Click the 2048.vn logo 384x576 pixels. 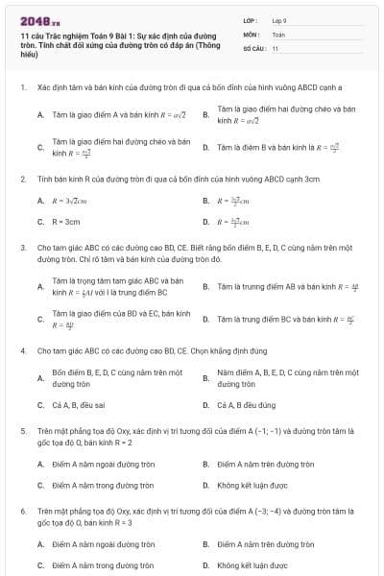tap(37, 18)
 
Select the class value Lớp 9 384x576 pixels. tap(279, 19)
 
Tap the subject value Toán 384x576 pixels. tap(278, 33)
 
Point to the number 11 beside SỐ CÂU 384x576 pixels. tap(276, 47)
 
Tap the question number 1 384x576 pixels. tap(22, 86)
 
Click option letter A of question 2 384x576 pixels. tap(40, 201)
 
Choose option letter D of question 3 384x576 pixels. tap(205, 318)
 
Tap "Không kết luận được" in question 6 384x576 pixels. tap(252, 565)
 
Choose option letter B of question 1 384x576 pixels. tap(205, 115)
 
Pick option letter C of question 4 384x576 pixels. tap(40, 405)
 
